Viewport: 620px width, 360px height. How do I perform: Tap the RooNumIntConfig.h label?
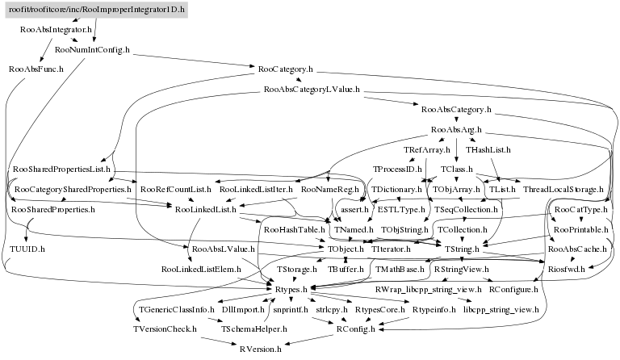tap(92, 49)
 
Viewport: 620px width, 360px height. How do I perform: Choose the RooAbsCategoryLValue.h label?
tap(312, 89)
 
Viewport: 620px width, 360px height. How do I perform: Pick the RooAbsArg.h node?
tap(456, 129)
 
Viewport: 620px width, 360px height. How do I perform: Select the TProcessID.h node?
tap(393, 170)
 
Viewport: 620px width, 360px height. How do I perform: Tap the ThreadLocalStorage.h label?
tap(563, 189)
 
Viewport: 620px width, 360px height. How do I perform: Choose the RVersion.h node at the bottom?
tap(260, 349)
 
